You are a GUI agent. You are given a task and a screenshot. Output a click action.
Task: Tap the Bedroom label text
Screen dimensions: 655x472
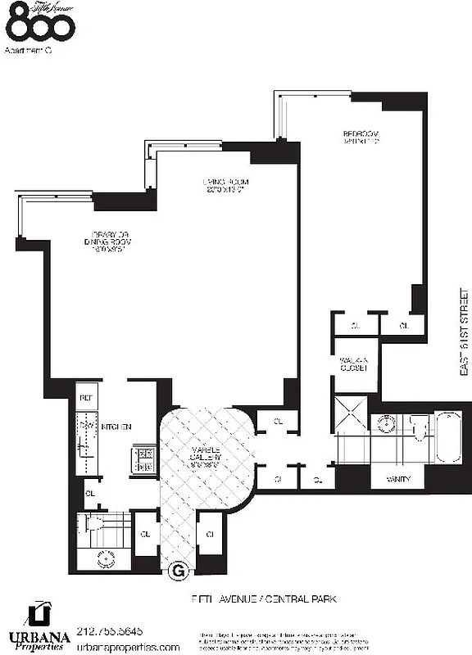[359, 137]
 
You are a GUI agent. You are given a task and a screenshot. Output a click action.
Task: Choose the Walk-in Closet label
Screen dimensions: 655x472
[352, 364]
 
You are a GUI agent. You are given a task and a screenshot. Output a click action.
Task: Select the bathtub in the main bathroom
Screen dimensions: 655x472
[447, 439]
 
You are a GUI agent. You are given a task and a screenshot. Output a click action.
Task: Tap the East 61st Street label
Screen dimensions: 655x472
[464, 332]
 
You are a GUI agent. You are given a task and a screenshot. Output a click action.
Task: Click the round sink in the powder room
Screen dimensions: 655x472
[105, 559]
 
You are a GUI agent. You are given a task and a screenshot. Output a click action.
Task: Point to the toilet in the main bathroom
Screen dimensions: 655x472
[416, 427]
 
